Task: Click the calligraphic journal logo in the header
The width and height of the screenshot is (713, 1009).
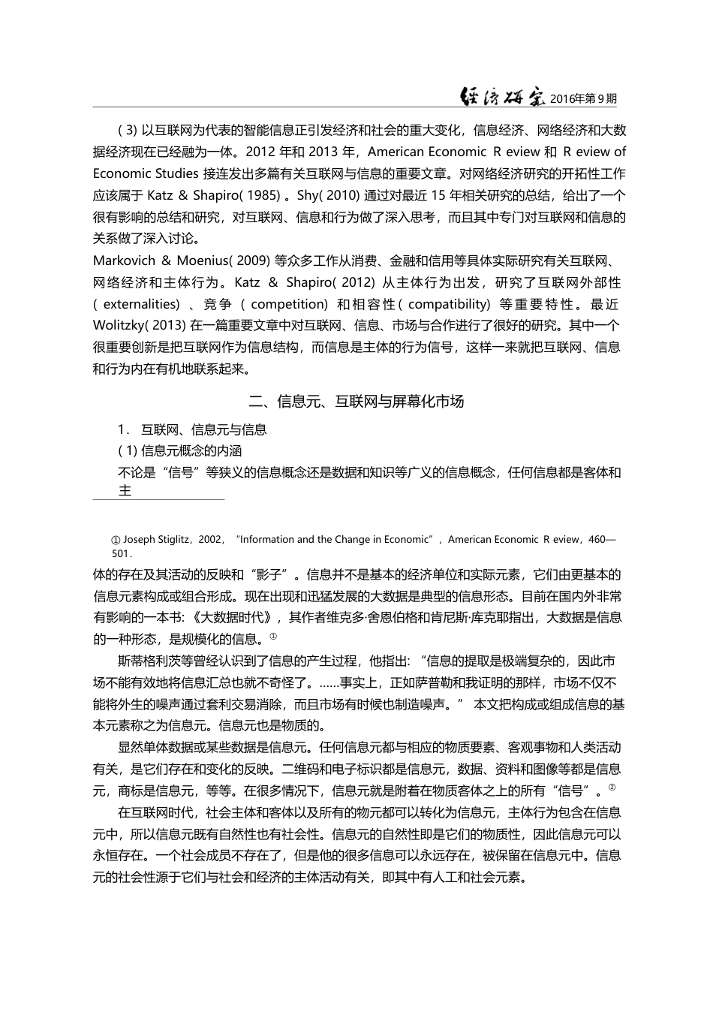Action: (502, 97)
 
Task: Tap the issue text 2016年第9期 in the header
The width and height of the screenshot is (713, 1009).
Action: (584, 98)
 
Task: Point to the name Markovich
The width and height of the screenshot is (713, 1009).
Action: (124, 261)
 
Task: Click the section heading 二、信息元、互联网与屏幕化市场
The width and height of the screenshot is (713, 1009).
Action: (356, 402)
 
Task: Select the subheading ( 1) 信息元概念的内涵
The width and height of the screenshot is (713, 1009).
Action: (180, 451)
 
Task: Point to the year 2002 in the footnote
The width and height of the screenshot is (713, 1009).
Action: (210, 539)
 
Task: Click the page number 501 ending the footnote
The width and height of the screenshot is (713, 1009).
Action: (120, 553)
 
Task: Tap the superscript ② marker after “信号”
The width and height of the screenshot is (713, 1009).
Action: (612, 787)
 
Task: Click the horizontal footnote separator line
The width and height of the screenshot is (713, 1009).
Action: (158, 498)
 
